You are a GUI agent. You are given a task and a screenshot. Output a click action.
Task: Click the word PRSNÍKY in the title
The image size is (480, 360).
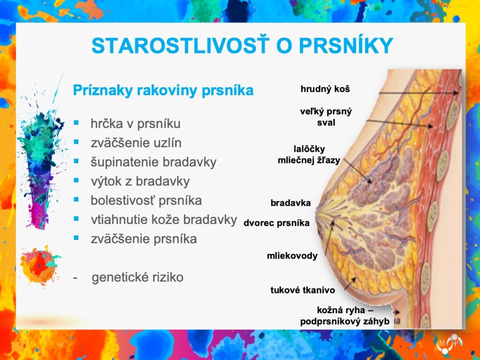(x=346, y=46)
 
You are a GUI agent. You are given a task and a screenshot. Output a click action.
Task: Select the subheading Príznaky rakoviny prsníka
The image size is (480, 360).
(x=163, y=90)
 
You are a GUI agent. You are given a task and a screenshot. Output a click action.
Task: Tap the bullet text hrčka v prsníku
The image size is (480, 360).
(x=135, y=124)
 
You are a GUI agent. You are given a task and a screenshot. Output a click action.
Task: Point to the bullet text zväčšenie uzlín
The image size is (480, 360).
(x=136, y=143)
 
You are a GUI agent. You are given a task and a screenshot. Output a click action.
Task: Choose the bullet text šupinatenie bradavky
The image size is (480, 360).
(x=154, y=162)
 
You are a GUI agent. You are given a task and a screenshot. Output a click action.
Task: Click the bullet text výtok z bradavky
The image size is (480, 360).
(x=140, y=181)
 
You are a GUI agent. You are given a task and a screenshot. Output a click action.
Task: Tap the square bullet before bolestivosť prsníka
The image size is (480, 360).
(x=76, y=200)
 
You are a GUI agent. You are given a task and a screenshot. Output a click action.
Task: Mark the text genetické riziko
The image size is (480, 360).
(x=137, y=277)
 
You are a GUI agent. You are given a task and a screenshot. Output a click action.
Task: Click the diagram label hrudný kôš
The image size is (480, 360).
(x=325, y=89)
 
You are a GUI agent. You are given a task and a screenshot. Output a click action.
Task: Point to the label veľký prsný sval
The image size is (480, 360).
(x=326, y=117)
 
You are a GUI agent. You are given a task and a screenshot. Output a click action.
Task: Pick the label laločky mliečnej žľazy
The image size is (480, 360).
(x=309, y=154)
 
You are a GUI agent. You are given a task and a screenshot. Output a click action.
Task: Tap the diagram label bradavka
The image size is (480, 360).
(x=291, y=202)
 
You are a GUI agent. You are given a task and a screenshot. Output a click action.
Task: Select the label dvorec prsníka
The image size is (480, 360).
(x=277, y=223)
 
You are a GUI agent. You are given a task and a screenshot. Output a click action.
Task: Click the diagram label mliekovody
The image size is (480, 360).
(x=292, y=255)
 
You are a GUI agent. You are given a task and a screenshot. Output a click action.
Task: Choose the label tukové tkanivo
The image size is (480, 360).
(x=302, y=290)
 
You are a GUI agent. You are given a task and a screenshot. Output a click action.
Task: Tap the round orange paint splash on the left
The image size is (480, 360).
(x=39, y=266)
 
